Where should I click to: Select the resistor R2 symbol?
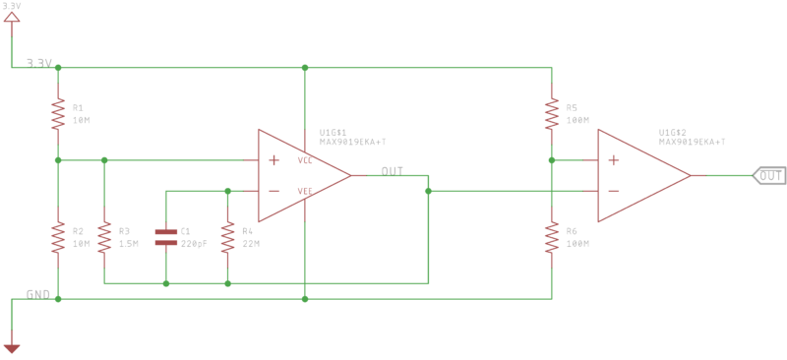tap(58, 236)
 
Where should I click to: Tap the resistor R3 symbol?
tap(103, 236)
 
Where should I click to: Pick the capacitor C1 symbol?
tap(166, 236)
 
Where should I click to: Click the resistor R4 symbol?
tap(228, 236)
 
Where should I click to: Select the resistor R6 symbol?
tap(551, 236)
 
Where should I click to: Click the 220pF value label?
tap(193, 243)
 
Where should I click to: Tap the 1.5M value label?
tap(130, 243)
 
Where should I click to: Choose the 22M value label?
tap(252, 243)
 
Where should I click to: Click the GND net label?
tap(38, 294)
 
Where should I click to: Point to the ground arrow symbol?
tap(12, 346)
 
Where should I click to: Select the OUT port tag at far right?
tap(769, 176)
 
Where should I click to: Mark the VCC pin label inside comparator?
tap(306, 160)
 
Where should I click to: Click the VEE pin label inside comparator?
tap(306, 192)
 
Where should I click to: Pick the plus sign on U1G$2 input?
tap(613, 160)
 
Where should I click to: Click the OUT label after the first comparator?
tap(393, 171)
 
